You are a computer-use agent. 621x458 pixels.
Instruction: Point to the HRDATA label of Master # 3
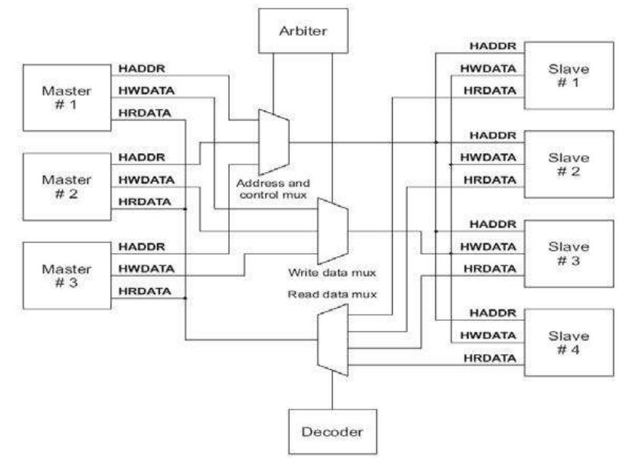(143, 291)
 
